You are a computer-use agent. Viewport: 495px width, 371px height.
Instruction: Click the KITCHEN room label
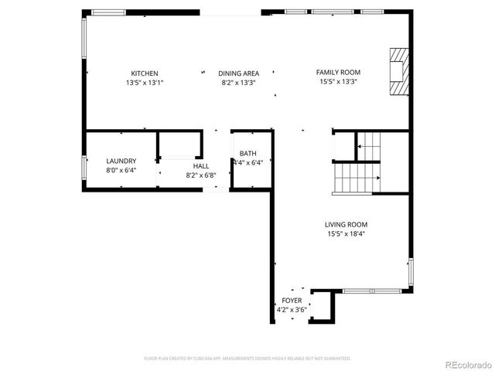pyautogui.click(x=145, y=73)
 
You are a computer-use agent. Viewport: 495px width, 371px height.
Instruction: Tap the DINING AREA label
pyautogui.click(x=238, y=73)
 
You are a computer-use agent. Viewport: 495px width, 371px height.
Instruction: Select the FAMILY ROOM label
pyautogui.click(x=338, y=72)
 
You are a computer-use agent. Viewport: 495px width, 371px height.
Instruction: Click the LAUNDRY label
pyautogui.click(x=121, y=161)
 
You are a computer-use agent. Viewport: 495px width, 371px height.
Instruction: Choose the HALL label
pyautogui.click(x=201, y=166)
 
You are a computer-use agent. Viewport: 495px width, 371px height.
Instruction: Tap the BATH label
pyautogui.click(x=247, y=154)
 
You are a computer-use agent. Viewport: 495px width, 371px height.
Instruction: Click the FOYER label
pyautogui.click(x=292, y=300)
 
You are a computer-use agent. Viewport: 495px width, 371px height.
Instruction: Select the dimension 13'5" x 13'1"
pyautogui.click(x=145, y=83)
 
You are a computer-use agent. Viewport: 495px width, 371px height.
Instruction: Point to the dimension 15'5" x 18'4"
pyautogui.click(x=346, y=233)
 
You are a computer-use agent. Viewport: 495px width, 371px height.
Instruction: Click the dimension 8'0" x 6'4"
pyautogui.click(x=121, y=170)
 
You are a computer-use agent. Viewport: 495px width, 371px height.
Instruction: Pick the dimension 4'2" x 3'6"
pyautogui.click(x=292, y=309)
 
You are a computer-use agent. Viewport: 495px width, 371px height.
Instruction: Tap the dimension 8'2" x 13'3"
pyautogui.click(x=238, y=83)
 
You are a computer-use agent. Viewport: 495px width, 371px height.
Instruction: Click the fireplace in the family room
pyautogui.click(x=398, y=72)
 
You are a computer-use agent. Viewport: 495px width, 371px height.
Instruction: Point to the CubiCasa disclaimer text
pyautogui.click(x=247, y=359)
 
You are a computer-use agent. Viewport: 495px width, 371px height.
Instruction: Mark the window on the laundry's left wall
pyautogui.click(x=84, y=168)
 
